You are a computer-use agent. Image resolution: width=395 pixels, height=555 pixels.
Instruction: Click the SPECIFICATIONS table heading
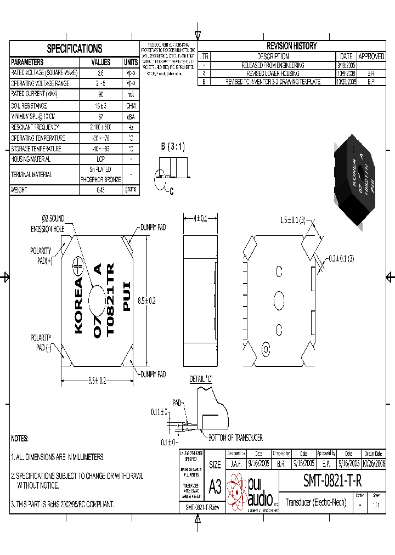[74, 48]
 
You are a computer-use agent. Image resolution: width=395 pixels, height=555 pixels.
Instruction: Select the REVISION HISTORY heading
[291, 46]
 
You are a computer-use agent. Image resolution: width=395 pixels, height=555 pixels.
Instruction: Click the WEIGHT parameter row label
[19, 190]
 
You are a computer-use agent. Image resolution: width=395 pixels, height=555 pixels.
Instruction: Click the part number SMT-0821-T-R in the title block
[332, 481]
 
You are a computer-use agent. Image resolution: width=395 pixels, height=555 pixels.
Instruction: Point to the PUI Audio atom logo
[238, 491]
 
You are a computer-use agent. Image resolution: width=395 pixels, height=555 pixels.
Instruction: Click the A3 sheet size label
[215, 486]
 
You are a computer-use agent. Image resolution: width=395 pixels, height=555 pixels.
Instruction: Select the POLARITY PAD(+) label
[41, 256]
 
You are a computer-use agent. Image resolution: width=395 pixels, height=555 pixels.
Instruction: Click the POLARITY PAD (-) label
[41, 342]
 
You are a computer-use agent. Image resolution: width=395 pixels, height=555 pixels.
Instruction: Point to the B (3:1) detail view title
[173, 147]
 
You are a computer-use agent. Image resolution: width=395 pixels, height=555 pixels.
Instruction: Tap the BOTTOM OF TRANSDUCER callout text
[235, 438]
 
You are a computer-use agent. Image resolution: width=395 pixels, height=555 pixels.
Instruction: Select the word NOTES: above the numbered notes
[20, 438]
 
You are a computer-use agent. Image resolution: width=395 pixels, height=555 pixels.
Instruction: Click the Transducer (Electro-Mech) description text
[316, 502]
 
